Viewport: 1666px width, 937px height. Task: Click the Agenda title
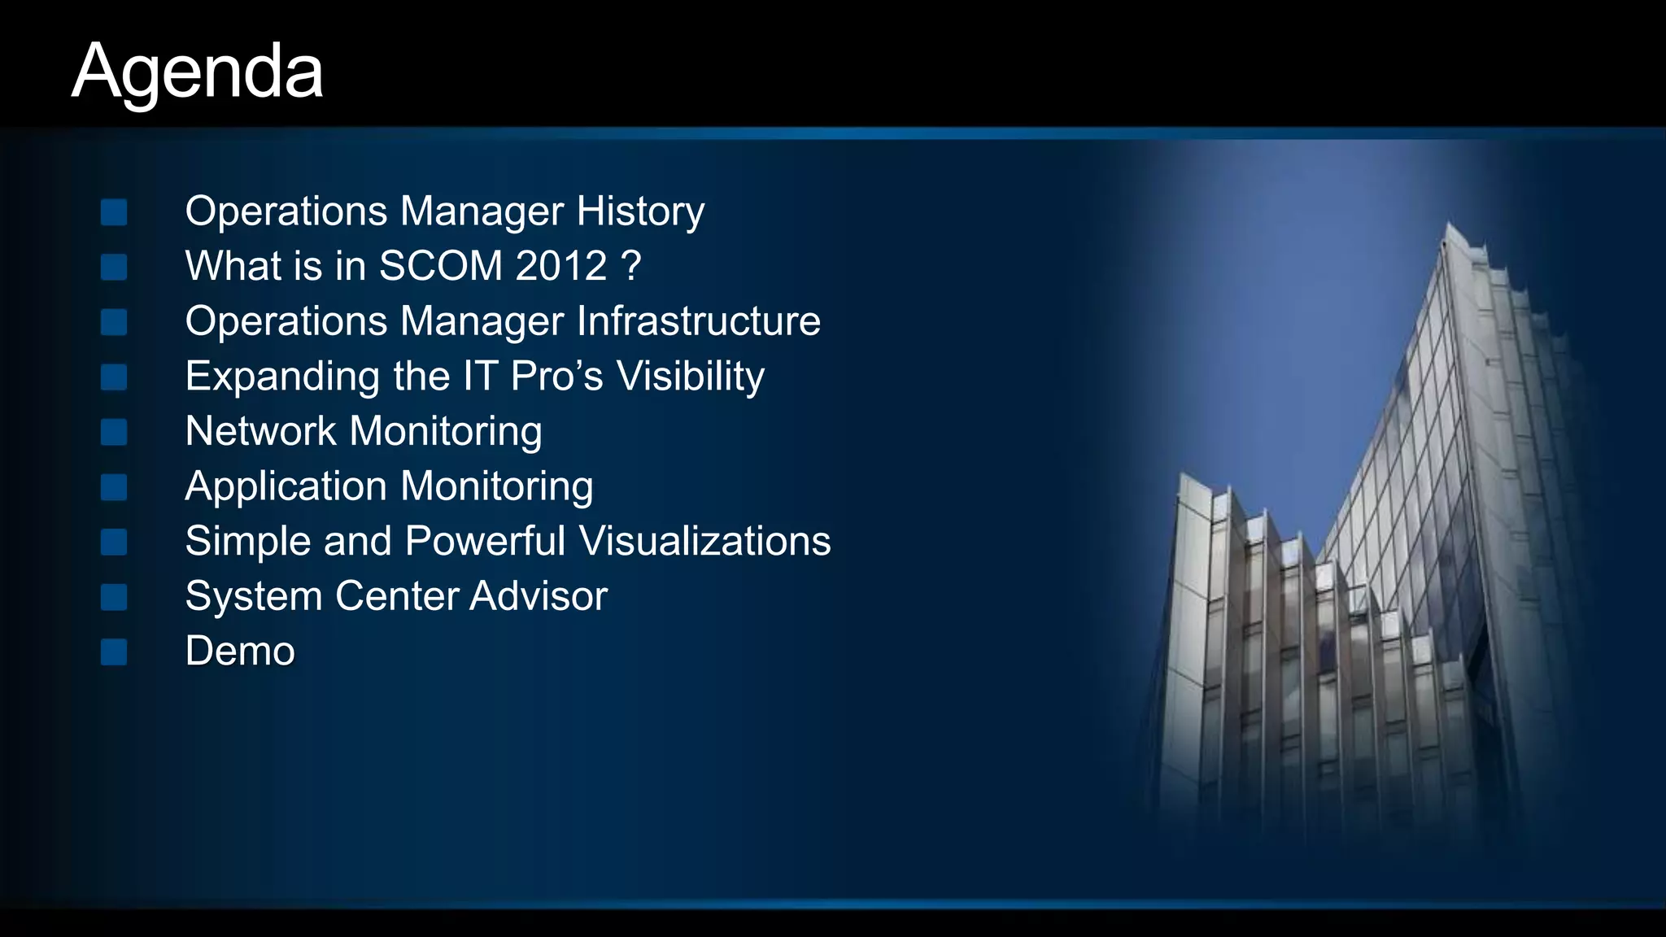click(x=198, y=72)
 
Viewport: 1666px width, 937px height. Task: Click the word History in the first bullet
click(x=640, y=211)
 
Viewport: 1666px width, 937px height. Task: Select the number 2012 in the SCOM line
click(x=560, y=266)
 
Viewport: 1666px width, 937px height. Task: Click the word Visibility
click(x=690, y=377)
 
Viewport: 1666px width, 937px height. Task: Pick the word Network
click(x=260, y=431)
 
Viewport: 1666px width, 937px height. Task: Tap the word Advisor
click(x=538, y=596)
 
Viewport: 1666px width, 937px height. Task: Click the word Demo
click(x=240, y=651)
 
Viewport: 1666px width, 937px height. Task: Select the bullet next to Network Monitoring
click(x=114, y=432)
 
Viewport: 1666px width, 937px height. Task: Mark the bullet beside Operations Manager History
click(x=114, y=212)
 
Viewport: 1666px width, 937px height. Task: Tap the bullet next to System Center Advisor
click(x=114, y=597)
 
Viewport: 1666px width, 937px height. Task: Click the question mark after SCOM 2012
click(x=630, y=266)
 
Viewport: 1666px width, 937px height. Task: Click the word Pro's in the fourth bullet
click(x=557, y=377)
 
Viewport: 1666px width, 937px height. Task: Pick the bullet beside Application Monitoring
click(x=114, y=487)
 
